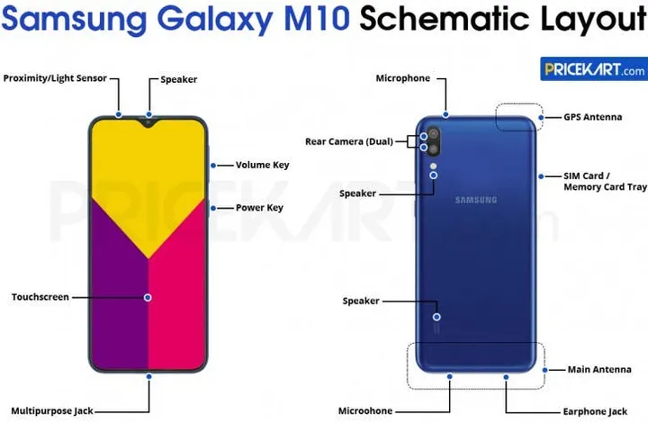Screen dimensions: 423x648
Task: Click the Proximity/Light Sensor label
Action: point(55,78)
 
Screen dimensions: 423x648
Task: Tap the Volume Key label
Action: point(262,165)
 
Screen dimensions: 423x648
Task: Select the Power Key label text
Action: point(259,208)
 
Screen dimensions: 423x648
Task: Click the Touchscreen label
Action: point(40,297)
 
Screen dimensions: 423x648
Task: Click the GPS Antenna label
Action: point(592,117)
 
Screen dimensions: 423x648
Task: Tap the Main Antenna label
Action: point(598,369)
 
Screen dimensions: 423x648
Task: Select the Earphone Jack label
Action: point(595,411)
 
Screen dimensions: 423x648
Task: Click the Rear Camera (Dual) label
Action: point(346,141)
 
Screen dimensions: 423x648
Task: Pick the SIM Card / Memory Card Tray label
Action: point(605,181)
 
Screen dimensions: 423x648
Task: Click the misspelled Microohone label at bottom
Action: point(364,411)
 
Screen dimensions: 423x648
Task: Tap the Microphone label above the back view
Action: point(402,78)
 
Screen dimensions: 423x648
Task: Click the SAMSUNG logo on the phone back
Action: point(475,200)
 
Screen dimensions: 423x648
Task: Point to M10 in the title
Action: point(318,20)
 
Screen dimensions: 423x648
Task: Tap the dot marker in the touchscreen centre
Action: point(148,297)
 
